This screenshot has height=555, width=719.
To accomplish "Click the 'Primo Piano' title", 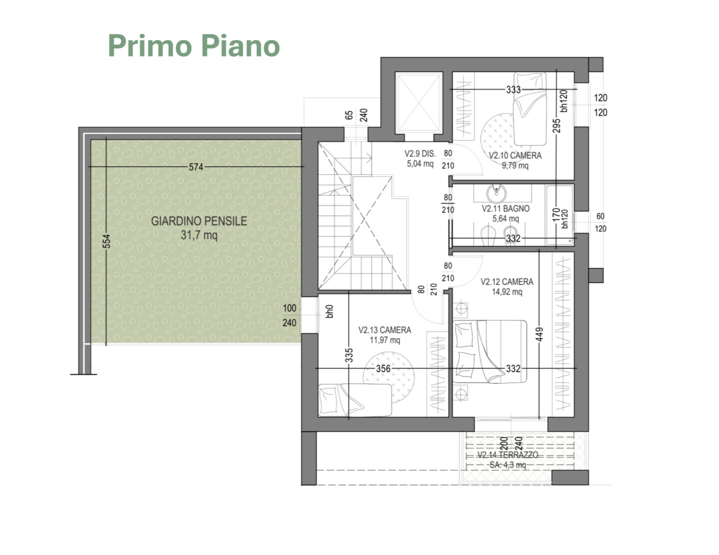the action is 194,45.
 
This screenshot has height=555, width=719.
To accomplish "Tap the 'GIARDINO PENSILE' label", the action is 199,221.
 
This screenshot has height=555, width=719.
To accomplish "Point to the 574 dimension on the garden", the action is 196,167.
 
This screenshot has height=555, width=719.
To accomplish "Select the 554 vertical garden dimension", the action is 106,241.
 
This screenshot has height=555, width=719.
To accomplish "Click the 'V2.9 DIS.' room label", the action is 420,153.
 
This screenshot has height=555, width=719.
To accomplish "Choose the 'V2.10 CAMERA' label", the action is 515,155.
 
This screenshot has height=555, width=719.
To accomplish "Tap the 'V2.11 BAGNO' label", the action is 506,208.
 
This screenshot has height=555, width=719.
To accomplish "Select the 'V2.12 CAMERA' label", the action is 507,282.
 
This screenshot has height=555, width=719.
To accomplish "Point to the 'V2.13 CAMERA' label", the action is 385,330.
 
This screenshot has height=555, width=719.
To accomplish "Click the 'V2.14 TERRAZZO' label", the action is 507,455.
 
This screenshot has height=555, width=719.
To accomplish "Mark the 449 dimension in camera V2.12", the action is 539,334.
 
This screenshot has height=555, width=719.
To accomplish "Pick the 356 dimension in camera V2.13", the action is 383,368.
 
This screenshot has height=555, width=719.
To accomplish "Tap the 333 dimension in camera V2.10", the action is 513,90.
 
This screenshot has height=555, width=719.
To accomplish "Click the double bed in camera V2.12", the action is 489,351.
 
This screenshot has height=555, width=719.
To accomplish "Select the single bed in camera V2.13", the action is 355,400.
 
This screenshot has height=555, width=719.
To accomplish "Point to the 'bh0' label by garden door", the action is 330,311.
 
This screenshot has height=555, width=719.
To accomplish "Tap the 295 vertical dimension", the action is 557,125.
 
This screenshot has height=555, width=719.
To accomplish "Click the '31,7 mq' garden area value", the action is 199,235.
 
